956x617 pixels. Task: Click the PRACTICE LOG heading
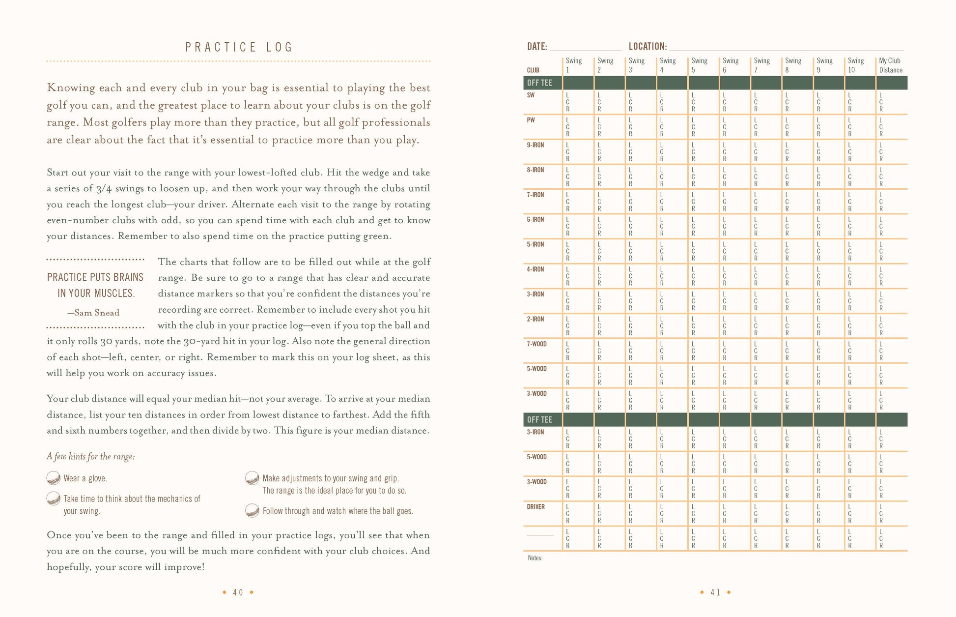[x=239, y=47]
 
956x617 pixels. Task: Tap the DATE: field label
[x=536, y=46]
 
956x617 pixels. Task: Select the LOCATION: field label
[x=647, y=46]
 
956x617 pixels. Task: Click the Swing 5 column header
[x=699, y=65]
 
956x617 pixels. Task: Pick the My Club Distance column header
[x=890, y=65]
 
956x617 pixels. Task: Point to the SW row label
[x=531, y=95]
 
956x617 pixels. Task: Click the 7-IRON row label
[x=535, y=195]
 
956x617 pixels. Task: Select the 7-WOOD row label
[x=536, y=344]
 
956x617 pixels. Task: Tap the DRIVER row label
[x=535, y=506]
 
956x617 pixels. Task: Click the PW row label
[x=531, y=120]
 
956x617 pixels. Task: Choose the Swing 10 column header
[x=855, y=65]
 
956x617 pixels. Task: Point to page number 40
[x=238, y=592]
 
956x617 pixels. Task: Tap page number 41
[x=715, y=592]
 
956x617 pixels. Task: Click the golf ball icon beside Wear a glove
[x=53, y=478]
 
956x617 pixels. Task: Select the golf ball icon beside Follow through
[x=252, y=510]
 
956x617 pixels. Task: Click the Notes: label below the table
[x=535, y=558]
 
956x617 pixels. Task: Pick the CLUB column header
[x=533, y=70]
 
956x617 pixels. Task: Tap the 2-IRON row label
[x=535, y=319]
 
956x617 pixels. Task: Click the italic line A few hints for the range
[x=91, y=456]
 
